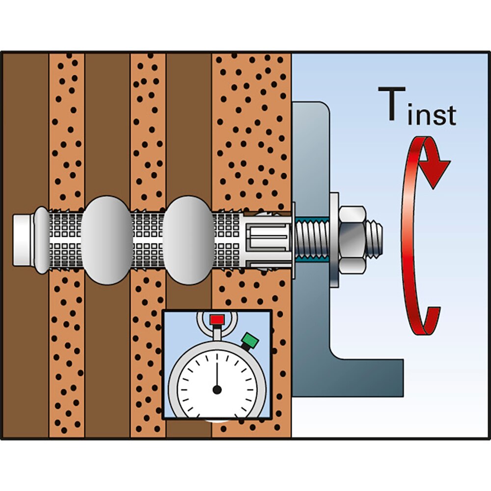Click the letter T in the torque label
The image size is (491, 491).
click(392, 104)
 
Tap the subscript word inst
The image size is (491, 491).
click(433, 114)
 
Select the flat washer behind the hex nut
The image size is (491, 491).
click(334, 238)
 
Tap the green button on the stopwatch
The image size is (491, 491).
click(250, 340)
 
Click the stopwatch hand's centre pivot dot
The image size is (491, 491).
click(217, 390)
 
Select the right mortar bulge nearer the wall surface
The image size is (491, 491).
click(188, 240)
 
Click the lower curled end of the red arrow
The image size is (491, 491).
click(432, 319)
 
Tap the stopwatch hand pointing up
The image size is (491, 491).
click(217, 373)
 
